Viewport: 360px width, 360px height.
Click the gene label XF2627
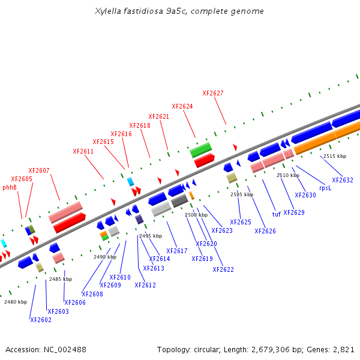pyautogui.click(x=213, y=93)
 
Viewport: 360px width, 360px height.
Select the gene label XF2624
pyautogui.click(x=182, y=106)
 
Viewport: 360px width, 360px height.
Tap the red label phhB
pyautogui.click(x=10, y=187)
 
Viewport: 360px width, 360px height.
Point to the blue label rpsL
pyautogui.click(x=325, y=188)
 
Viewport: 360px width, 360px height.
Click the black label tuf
pyautogui.click(x=276, y=214)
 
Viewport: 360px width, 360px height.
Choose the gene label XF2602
pyautogui.click(x=41, y=320)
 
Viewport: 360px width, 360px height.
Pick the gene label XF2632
pyautogui.click(x=343, y=180)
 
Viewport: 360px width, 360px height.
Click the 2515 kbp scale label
pyautogui.click(x=335, y=156)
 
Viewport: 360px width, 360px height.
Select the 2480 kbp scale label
pyautogui.click(x=16, y=302)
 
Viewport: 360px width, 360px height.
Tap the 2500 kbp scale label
pyautogui.click(x=196, y=214)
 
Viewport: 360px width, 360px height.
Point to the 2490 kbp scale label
pyautogui.click(x=105, y=256)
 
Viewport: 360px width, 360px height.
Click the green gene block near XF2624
pyautogui.click(x=201, y=149)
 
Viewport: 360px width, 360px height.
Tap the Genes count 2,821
pyautogui.click(x=343, y=349)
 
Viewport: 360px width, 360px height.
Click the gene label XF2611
pyautogui.click(x=83, y=151)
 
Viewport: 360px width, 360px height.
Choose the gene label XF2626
pyautogui.click(x=265, y=231)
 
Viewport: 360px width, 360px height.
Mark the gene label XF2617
pyautogui.click(x=177, y=251)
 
